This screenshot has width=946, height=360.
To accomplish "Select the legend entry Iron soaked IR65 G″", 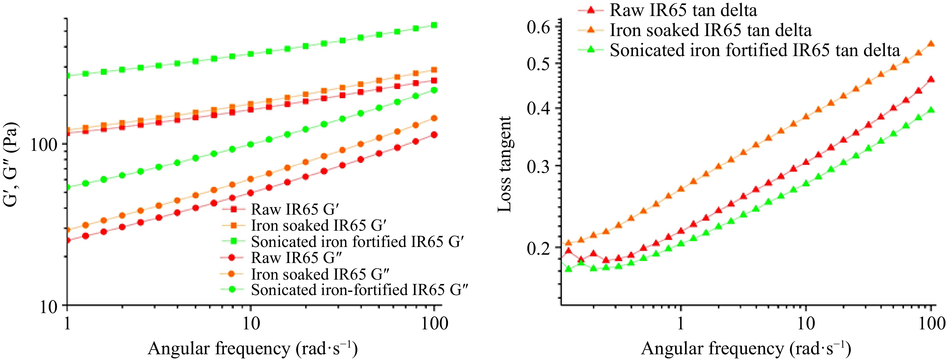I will coord(320,274).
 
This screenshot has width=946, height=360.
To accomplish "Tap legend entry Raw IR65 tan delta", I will coord(683,10).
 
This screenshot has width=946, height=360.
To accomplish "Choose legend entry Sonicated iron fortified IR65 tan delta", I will coord(755,50).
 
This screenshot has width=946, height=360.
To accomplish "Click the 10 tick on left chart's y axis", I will coord(49,306).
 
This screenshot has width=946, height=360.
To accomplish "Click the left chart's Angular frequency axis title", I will coord(253,348).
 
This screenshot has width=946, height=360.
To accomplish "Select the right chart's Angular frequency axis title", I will coord(746,348).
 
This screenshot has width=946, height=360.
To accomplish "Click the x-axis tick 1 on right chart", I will coord(681,324).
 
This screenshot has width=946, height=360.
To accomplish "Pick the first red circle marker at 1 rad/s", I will coord(67,240).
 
